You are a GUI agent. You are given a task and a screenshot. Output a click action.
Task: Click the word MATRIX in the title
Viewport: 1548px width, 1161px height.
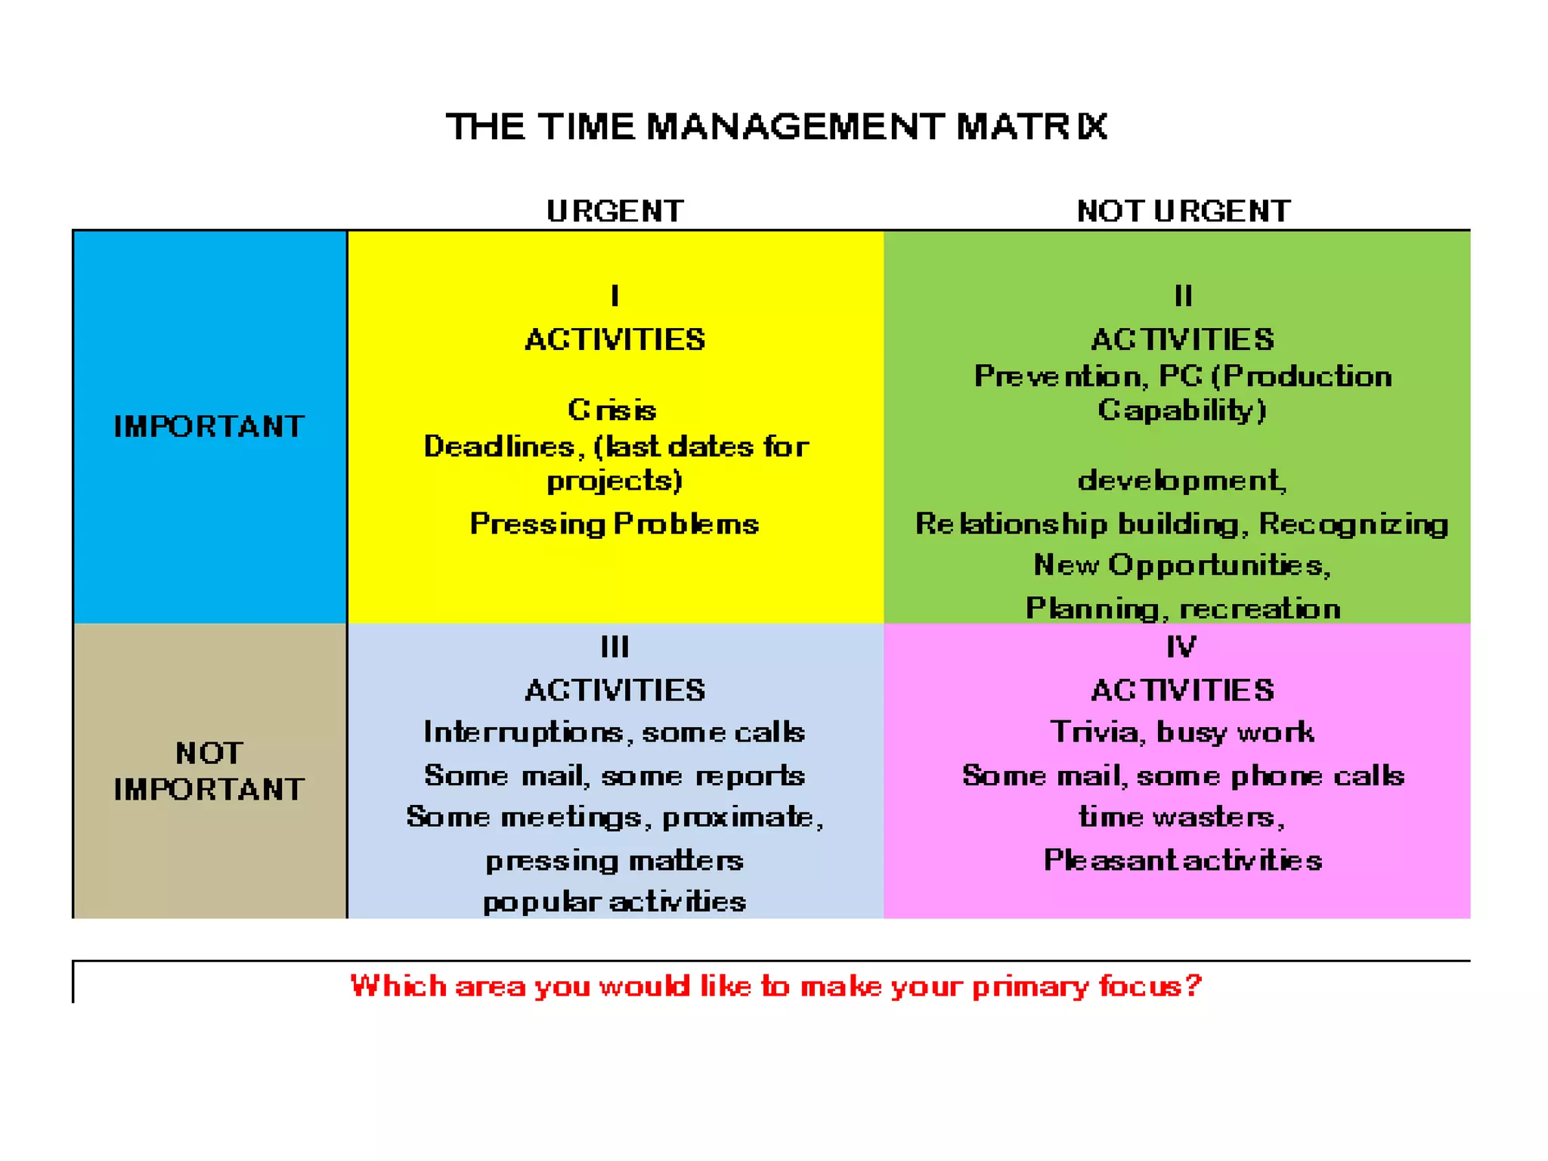pos(1032,126)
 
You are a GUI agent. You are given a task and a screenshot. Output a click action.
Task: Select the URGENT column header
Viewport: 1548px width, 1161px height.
pos(615,211)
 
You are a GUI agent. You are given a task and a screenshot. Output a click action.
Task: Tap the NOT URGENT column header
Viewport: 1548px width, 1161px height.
pos(1184,211)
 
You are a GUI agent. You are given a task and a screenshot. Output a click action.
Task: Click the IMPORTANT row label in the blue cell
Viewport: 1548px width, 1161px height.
pos(209,427)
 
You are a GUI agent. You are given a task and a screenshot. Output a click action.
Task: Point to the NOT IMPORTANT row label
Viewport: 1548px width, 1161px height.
pos(209,771)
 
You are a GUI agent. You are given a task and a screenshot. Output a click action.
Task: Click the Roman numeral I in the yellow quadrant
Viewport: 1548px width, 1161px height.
pos(615,296)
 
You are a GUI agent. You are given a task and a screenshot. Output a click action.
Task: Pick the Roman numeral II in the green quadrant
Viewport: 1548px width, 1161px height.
pos(1183,296)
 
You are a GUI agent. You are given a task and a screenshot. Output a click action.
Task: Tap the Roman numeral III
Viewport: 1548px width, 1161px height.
pos(615,647)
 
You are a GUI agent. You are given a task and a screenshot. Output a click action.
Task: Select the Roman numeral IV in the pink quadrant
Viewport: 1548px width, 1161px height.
pos(1181,647)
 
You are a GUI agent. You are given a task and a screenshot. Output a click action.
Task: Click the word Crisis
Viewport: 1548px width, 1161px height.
pos(612,410)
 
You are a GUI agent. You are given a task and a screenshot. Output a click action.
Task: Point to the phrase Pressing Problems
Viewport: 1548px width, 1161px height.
pos(614,524)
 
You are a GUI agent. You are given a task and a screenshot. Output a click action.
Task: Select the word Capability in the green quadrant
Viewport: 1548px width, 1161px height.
pos(1181,410)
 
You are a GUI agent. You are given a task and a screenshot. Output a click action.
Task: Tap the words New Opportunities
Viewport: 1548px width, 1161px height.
pos(1181,565)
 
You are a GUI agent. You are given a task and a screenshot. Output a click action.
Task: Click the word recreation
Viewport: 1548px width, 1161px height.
pos(1260,608)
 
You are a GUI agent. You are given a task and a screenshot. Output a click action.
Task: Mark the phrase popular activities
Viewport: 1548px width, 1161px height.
pos(614,902)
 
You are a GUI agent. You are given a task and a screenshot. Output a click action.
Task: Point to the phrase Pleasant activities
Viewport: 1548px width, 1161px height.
pos(1183,860)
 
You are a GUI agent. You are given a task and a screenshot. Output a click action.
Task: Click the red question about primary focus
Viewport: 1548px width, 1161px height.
pos(776,986)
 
